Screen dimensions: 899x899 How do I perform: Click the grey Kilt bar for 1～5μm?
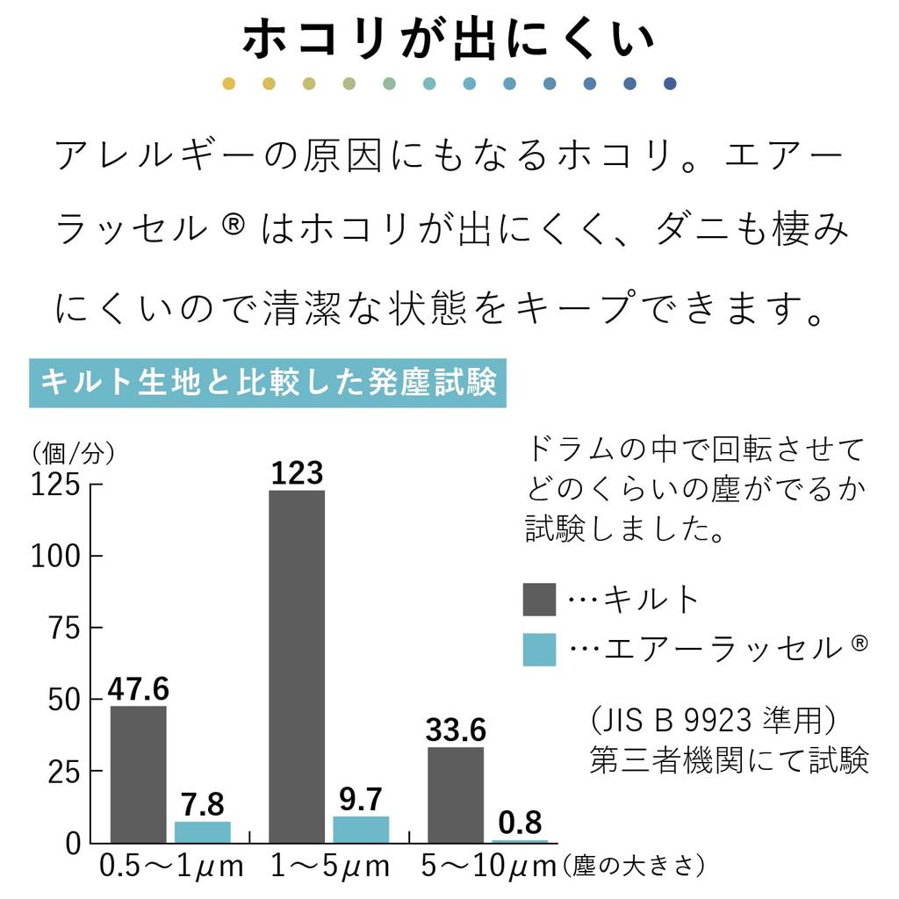coord(297,666)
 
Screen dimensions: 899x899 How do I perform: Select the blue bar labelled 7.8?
coord(203,831)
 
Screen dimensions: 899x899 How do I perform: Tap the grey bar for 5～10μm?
coord(456,795)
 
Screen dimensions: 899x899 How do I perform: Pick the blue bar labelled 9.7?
coord(361,829)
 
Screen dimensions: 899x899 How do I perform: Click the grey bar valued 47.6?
coord(139,773)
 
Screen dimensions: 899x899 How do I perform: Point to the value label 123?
coord(297,473)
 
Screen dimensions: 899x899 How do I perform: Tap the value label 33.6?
coord(456,729)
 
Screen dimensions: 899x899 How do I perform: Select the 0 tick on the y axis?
coord(73,844)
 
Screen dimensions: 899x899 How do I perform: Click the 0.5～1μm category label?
coord(171,867)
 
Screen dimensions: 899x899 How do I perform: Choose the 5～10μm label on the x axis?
coord(488,867)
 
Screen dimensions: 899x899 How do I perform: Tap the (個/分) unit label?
coord(73,453)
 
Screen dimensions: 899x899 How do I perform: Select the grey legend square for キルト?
coord(539,599)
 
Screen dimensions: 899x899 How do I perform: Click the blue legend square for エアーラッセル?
coord(539,649)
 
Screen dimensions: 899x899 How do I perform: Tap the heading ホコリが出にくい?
coord(449,40)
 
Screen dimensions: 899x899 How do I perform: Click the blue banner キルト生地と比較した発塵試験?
coord(269,384)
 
